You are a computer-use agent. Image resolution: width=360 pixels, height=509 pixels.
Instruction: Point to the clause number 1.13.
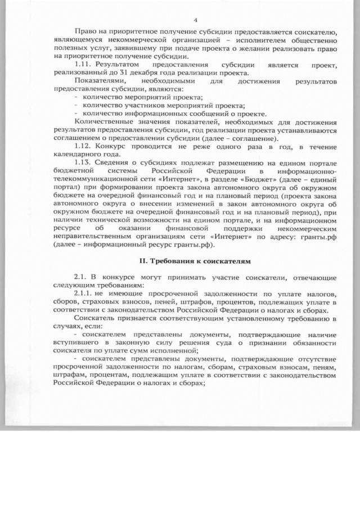(84, 163)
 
